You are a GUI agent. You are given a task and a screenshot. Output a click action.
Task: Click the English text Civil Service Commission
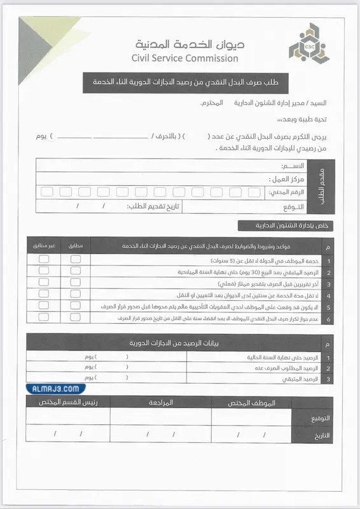pyautogui.click(x=185, y=59)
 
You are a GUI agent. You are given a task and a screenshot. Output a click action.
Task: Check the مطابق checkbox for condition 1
pyautogui.click(x=76, y=260)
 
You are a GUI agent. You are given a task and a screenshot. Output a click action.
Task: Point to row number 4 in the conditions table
pyautogui.click(x=328, y=295)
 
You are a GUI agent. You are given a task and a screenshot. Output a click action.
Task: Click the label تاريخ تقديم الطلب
pyautogui.click(x=155, y=206)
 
